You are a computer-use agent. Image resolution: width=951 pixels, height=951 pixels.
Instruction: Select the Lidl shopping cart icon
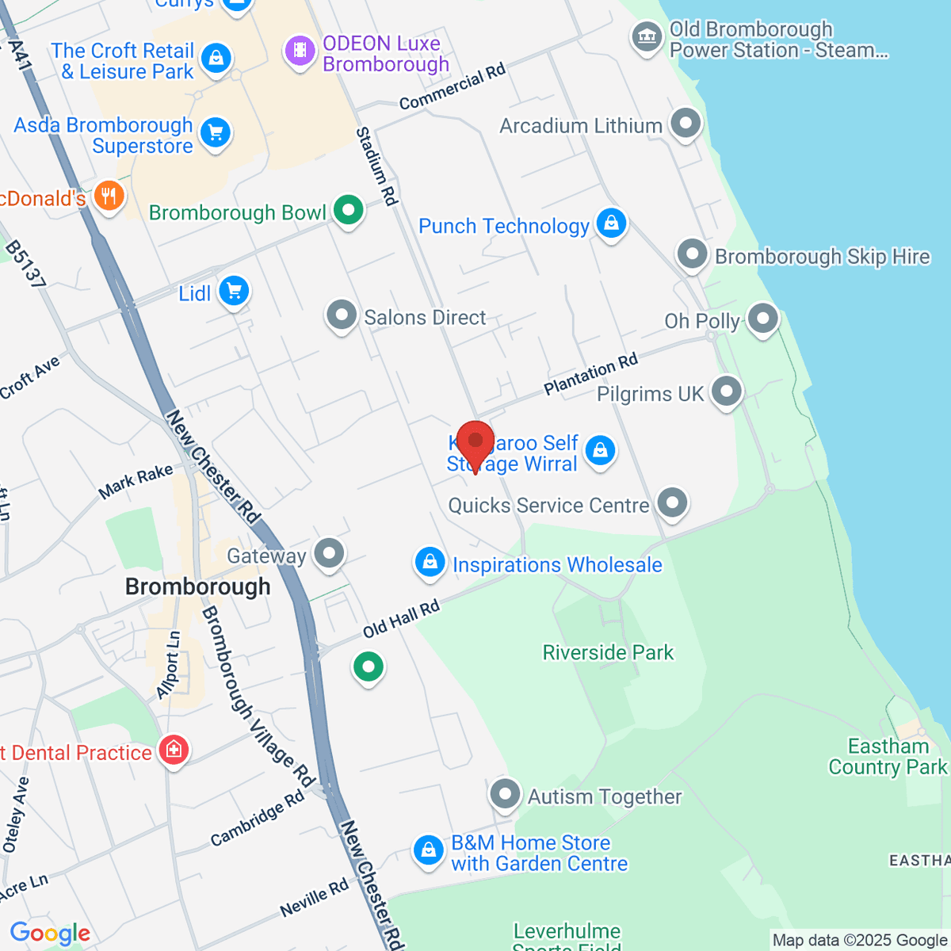(x=234, y=292)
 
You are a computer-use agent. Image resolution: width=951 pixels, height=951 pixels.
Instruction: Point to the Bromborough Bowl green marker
(x=348, y=211)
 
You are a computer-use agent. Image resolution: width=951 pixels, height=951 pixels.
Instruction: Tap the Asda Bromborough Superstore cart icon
(x=216, y=133)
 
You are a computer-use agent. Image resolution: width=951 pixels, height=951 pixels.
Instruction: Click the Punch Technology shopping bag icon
(x=611, y=224)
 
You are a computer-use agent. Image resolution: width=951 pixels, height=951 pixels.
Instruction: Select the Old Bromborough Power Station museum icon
(x=647, y=37)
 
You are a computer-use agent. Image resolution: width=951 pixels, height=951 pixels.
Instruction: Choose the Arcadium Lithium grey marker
(x=686, y=124)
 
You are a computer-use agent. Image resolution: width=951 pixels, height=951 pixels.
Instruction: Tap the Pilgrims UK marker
(x=726, y=391)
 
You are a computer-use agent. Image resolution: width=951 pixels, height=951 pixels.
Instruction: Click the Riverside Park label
(x=608, y=652)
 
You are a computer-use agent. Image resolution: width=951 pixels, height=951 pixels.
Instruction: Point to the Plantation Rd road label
(x=590, y=374)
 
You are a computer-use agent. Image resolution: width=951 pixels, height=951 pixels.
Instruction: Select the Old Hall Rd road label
(x=401, y=620)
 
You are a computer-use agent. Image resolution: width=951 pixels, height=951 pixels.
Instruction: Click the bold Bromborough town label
(x=198, y=586)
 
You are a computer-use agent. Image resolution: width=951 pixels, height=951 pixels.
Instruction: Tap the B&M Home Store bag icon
(x=429, y=851)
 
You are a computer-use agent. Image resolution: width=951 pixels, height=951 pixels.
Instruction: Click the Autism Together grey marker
(x=505, y=794)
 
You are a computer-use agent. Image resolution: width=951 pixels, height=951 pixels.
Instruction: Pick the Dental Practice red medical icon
(x=173, y=750)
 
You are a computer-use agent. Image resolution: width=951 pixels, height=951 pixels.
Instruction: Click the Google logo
(x=51, y=934)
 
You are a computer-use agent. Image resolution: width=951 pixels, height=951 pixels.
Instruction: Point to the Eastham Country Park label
(x=888, y=757)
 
